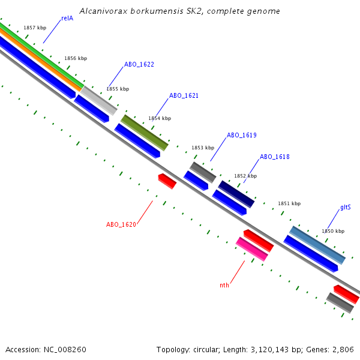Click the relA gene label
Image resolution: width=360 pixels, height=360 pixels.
pyautogui.click(x=67, y=19)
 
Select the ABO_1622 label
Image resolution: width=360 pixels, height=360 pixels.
pyautogui.click(x=139, y=64)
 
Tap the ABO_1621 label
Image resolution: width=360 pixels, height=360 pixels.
pyautogui.click(x=184, y=95)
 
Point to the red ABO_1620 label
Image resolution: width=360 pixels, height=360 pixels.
pyautogui.click(x=121, y=224)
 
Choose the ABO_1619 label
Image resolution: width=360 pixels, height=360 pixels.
pyautogui.click(x=242, y=136)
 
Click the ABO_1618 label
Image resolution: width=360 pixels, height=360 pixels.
pyautogui.click(x=275, y=157)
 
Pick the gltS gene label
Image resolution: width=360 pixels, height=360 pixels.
pyautogui.click(x=346, y=208)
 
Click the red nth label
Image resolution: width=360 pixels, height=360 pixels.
pyautogui.click(x=224, y=286)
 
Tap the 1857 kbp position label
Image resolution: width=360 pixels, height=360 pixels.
pyautogui.click(x=35, y=28)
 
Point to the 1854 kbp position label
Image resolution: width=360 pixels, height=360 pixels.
pyautogui.click(x=160, y=119)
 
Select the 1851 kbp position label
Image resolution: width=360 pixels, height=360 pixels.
pyautogui.click(x=289, y=204)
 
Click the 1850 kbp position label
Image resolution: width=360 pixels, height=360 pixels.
pyautogui.click(x=333, y=231)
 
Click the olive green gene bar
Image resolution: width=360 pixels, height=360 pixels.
pyautogui.click(x=145, y=132)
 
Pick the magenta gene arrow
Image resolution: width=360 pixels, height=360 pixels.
pyautogui.click(x=251, y=248)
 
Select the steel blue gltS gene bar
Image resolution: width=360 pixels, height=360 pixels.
pyautogui.click(x=317, y=245)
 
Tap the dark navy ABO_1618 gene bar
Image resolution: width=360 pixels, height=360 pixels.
pyautogui.click(x=236, y=193)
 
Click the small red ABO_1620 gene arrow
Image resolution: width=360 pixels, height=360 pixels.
pyautogui.click(x=167, y=181)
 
